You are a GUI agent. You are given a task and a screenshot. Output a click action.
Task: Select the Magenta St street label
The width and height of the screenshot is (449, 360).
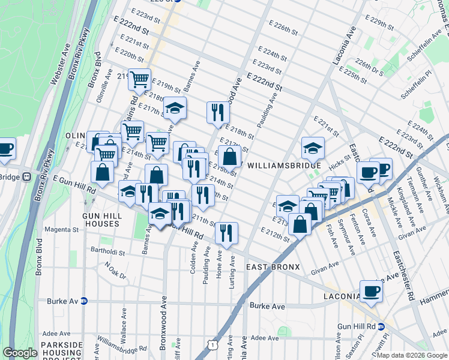pos(58,229)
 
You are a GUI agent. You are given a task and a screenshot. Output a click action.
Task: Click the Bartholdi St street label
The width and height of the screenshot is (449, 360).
pos(105,252)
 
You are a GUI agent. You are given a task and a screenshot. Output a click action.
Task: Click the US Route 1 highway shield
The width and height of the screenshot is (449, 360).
pos(212,344)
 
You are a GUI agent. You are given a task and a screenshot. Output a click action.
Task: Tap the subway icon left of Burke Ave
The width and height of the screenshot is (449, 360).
pos(84,301)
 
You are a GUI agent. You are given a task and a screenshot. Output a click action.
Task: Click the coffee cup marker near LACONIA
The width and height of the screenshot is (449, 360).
pos(371,291)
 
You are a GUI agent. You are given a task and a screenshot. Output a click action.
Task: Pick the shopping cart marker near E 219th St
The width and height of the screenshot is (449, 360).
pos(139,79)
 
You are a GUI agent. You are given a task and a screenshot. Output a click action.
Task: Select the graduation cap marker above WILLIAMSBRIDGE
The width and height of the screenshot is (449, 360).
pos(312,147)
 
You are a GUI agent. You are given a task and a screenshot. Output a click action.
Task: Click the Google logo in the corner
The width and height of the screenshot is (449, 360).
pos(20,353)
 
